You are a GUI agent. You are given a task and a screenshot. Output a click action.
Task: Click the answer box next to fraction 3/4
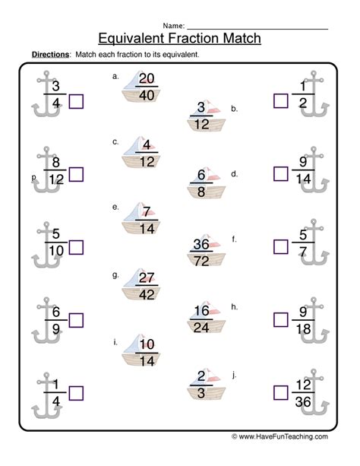[x=76, y=101]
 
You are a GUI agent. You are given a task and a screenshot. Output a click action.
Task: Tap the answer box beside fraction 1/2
[x=281, y=101]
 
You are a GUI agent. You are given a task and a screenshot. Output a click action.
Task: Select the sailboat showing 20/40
[x=141, y=87]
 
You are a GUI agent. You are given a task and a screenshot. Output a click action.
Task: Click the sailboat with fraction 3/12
[x=206, y=116]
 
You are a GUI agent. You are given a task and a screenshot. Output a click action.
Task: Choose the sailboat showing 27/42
[x=141, y=285]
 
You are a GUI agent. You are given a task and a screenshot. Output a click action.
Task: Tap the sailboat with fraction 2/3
[x=206, y=385]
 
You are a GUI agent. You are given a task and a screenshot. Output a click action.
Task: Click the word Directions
[x=50, y=55]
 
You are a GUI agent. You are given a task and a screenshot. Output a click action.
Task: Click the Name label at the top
[x=174, y=26]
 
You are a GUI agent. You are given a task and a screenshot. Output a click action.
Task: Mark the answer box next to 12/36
[x=281, y=393]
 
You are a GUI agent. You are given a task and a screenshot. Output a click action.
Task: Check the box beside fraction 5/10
[x=76, y=247]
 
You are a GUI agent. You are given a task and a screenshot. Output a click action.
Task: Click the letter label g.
[x=115, y=275]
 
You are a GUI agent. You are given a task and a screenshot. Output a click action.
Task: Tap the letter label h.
[x=235, y=306]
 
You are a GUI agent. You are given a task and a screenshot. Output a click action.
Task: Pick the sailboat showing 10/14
[x=141, y=351]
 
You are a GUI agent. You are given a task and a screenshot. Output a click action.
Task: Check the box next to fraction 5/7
[x=281, y=246]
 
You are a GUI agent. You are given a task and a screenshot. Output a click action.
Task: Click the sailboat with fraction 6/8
[x=206, y=182]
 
